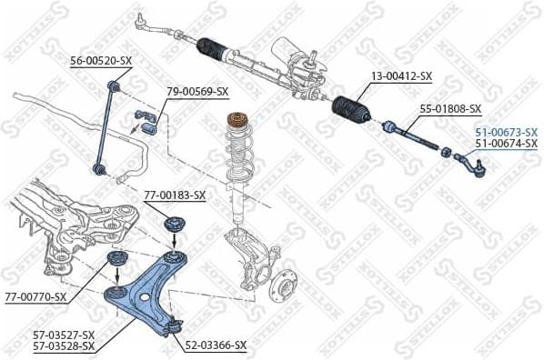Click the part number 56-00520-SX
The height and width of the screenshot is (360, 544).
tap(101, 61)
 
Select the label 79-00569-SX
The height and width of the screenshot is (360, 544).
tap(197, 92)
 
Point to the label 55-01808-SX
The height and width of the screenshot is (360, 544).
tap(449, 109)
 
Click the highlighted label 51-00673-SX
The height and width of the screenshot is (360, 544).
tap(506, 132)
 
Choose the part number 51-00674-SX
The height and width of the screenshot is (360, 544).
tap(506, 144)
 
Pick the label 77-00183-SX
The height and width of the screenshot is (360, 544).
tap(175, 195)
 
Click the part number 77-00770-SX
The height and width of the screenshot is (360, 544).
tap(35, 296)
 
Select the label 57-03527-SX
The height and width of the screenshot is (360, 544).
tap(64, 335)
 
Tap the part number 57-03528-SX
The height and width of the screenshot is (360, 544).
tap(64, 346)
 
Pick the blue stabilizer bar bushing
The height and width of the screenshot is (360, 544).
tap(146, 119)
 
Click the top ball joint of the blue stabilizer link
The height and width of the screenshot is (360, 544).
tap(115, 87)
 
